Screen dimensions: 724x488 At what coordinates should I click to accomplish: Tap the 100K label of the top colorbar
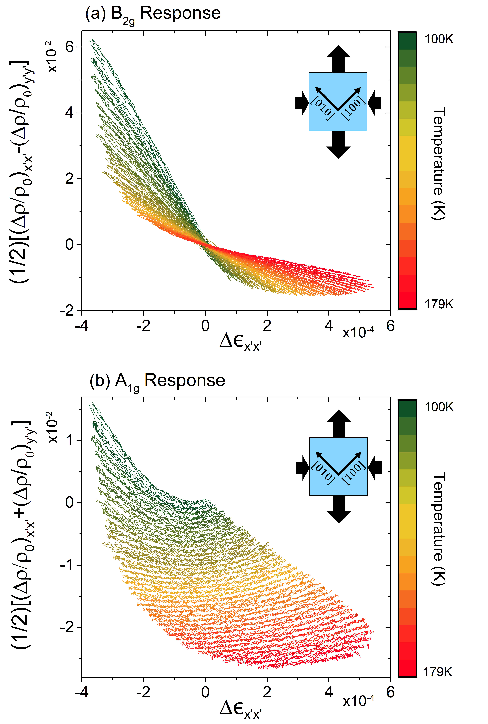439,39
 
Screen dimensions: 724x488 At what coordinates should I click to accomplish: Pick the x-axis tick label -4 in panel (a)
82,326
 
